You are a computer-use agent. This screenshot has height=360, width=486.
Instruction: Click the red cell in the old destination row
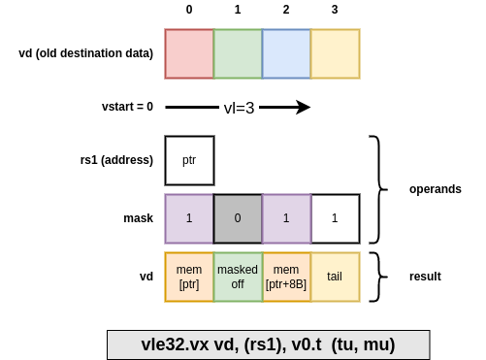point(189,53)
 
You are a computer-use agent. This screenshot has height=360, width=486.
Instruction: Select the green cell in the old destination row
point(238,53)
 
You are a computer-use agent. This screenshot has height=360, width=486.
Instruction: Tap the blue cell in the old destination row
point(286,53)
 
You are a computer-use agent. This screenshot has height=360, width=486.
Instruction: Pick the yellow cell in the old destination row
point(335,53)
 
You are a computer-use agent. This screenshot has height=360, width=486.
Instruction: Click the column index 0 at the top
point(189,10)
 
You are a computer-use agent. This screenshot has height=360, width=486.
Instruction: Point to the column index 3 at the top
point(335,10)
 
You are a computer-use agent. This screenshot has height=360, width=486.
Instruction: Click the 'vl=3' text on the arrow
point(239,108)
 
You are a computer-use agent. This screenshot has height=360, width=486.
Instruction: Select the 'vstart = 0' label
point(127,107)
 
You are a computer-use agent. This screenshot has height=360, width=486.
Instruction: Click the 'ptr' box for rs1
point(189,160)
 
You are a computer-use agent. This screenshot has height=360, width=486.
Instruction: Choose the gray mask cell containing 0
point(238,218)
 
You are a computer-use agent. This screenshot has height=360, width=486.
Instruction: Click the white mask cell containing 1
point(335,218)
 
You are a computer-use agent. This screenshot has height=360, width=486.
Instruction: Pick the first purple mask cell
point(189,218)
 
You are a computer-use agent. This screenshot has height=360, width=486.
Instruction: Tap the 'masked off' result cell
point(238,277)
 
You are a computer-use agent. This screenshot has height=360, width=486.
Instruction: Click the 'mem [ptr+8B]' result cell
point(286,277)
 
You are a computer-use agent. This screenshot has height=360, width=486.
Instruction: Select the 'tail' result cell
point(335,277)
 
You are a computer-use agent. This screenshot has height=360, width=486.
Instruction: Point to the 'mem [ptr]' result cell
point(189,277)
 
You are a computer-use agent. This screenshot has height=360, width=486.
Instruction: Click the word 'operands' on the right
point(435,189)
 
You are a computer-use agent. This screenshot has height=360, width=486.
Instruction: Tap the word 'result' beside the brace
point(425,277)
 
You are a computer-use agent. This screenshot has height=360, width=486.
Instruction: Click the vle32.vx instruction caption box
point(268,344)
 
